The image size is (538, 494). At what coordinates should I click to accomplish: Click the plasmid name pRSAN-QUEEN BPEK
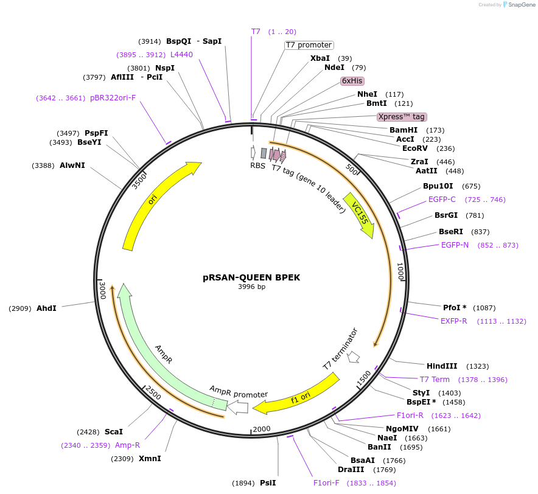251,277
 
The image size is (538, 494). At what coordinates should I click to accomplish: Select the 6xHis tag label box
352,81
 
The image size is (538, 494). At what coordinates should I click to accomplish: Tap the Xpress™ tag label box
401,117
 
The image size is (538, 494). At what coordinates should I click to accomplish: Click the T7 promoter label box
309,45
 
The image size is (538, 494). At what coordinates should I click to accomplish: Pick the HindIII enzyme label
441,366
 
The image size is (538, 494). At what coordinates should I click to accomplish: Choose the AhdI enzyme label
46,308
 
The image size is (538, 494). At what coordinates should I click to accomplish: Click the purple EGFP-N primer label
455,245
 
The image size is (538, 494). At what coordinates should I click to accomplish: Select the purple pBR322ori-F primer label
113,97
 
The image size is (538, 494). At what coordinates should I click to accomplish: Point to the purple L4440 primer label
181,55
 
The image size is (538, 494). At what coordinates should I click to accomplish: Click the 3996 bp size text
251,287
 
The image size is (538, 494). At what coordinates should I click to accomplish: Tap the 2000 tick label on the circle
261,429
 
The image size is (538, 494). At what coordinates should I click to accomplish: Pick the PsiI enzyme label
268,483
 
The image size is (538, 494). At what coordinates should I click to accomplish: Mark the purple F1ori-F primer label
326,483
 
